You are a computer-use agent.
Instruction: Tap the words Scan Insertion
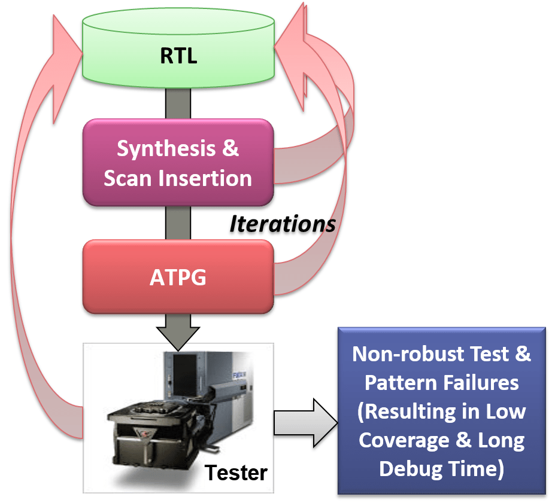[x=178, y=178]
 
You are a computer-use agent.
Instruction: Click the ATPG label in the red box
[x=178, y=278]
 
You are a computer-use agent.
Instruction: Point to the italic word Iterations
[x=283, y=224]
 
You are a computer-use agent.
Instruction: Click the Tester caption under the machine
[x=236, y=473]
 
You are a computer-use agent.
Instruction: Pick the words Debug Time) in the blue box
[x=442, y=468]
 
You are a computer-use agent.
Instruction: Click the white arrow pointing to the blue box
[x=305, y=423]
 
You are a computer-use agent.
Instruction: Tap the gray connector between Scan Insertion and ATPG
[x=178, y=222]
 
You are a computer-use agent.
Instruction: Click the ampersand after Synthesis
[x=231, y=148]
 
